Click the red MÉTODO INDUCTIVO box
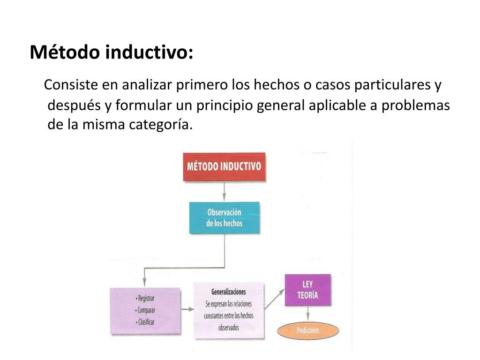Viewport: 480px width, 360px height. [224, 167]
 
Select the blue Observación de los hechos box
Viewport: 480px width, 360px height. [224, 218]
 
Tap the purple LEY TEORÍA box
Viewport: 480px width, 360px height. [307, 290]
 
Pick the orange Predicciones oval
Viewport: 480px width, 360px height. [307, 330]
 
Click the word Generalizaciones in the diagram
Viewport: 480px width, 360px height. [228, 292]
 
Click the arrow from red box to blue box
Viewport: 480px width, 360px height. [224, 191]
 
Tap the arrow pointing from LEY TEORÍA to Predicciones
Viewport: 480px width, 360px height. [307, 314]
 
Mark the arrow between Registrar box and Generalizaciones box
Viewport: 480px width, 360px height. [187, 309]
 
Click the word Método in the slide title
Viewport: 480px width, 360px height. [65, 52]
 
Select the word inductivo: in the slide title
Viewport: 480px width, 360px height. [149, 52]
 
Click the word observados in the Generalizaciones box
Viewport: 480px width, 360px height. [228, 328]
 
